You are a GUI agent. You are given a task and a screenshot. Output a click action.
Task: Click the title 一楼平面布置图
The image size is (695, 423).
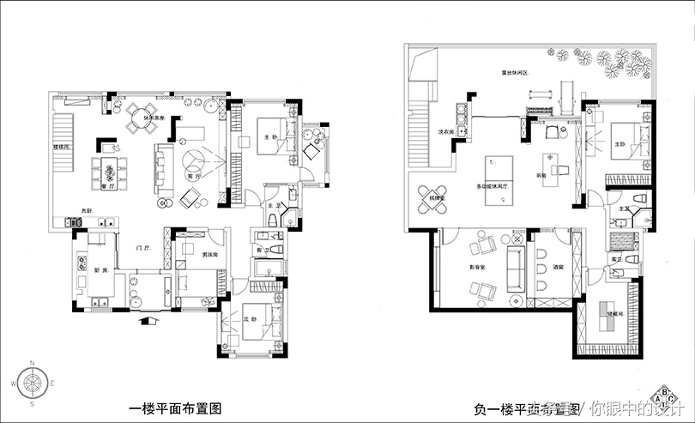pos(174,409)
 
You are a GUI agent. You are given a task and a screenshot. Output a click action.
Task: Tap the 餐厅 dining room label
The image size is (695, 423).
pos(109,183)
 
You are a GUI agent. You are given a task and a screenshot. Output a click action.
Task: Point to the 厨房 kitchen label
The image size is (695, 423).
pos(100,269)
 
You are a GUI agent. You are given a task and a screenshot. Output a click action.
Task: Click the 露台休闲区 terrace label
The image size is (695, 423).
pos(515,73)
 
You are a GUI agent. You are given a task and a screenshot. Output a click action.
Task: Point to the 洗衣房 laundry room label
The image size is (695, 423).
pos(445,132)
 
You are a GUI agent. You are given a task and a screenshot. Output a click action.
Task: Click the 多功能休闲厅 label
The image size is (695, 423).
pos(493,186)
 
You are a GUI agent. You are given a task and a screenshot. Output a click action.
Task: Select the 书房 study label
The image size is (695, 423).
pos(542,175)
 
